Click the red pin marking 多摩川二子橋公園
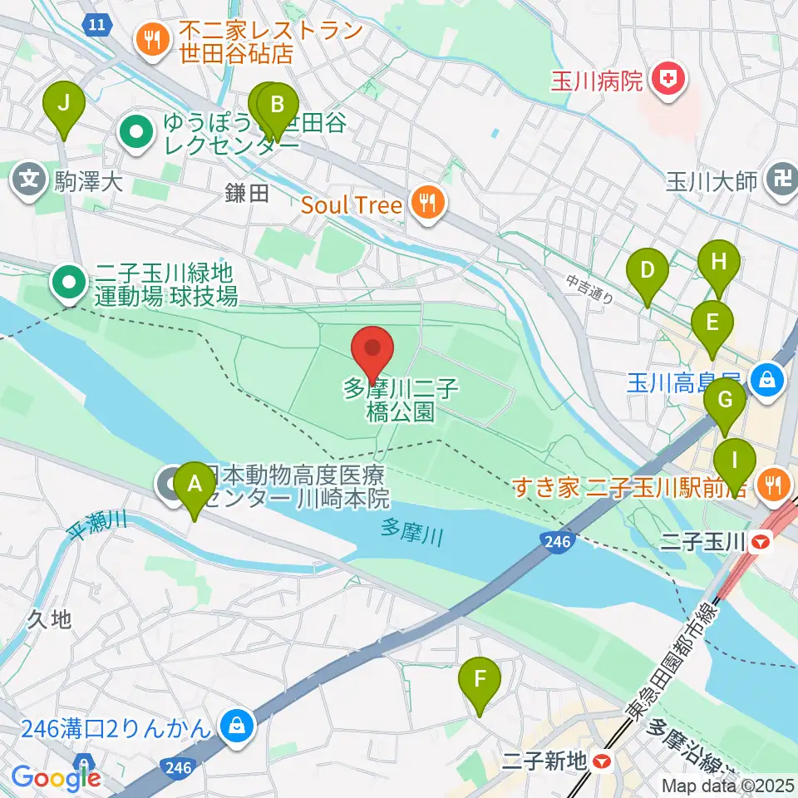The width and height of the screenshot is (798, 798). pos(373,351)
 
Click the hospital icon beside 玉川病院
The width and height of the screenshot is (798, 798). pos(667,80)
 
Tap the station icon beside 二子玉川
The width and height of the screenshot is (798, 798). pos(760,544)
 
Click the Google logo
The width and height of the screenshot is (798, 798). pos(56,777)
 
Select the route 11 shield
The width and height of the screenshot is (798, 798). pos(96,25)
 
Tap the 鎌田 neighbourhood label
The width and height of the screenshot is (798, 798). pos(247,194)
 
